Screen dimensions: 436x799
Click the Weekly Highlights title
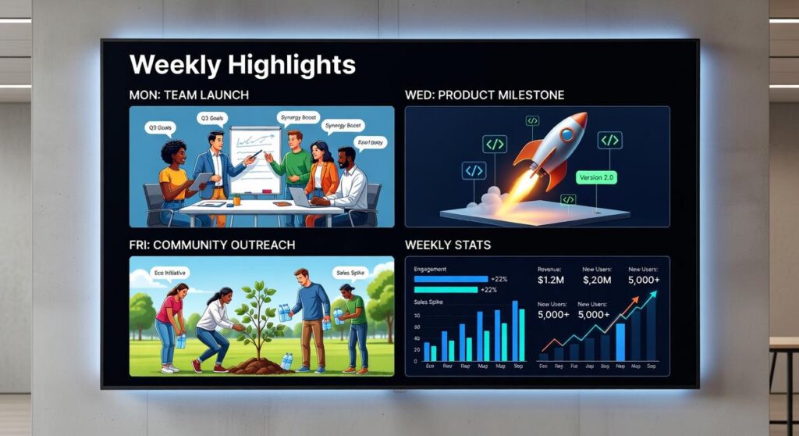tap(242, 64)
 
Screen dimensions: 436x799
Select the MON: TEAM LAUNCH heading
tap(188, 95)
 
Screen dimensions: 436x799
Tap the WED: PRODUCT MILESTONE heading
tap(485, 95)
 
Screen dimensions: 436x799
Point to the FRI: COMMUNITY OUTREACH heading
tap(211, 245)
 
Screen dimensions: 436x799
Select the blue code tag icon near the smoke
tap(474, 170)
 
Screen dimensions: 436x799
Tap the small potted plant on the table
tap(236, 198)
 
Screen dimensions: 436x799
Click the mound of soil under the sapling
tap(259, 365)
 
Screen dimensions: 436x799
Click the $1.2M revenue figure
tap(553, 279)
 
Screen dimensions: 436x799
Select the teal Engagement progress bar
tap(446, 290)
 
